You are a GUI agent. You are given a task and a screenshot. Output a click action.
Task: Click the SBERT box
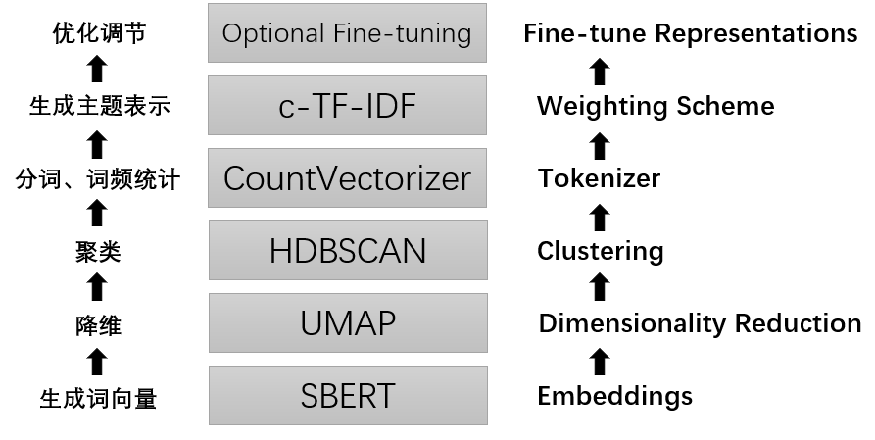347,395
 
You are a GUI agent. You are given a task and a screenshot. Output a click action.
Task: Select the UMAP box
347,322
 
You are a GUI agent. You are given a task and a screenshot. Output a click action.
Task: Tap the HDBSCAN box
347,251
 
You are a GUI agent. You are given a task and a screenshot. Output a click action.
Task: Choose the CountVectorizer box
347,178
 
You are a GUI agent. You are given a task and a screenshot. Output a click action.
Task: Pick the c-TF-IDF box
347,106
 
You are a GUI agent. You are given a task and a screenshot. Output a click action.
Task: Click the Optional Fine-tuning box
347,33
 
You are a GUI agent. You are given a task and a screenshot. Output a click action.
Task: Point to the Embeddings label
614,396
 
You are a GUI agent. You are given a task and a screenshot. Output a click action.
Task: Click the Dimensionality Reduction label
700,323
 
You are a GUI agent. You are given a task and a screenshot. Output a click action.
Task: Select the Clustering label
600,251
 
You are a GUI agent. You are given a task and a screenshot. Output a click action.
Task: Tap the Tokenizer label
599,178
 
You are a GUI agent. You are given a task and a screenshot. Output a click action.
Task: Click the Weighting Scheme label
656,106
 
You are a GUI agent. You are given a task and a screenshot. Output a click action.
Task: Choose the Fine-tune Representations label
690,33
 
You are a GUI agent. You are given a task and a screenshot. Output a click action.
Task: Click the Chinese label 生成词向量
98,398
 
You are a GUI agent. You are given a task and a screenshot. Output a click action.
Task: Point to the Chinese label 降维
98,325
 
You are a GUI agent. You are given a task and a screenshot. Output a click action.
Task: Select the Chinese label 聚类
98,252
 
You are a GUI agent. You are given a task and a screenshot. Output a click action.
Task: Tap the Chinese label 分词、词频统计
98,179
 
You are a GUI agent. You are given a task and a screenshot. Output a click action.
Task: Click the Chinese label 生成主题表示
98,106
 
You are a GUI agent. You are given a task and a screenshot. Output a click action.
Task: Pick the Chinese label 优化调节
98,33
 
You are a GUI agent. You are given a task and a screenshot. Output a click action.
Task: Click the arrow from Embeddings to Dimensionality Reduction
601,361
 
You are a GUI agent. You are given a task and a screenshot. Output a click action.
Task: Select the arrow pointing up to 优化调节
96,69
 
